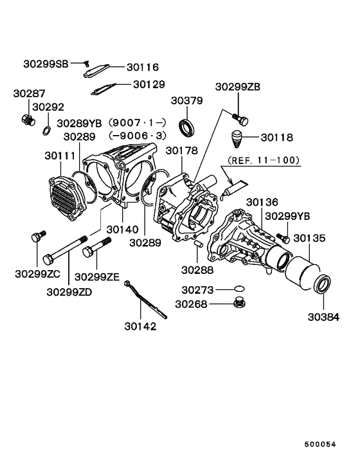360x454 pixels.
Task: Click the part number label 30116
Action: click(142, 67)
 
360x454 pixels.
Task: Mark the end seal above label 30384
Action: click(321, 284)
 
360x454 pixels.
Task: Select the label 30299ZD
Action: click(68, 291)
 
